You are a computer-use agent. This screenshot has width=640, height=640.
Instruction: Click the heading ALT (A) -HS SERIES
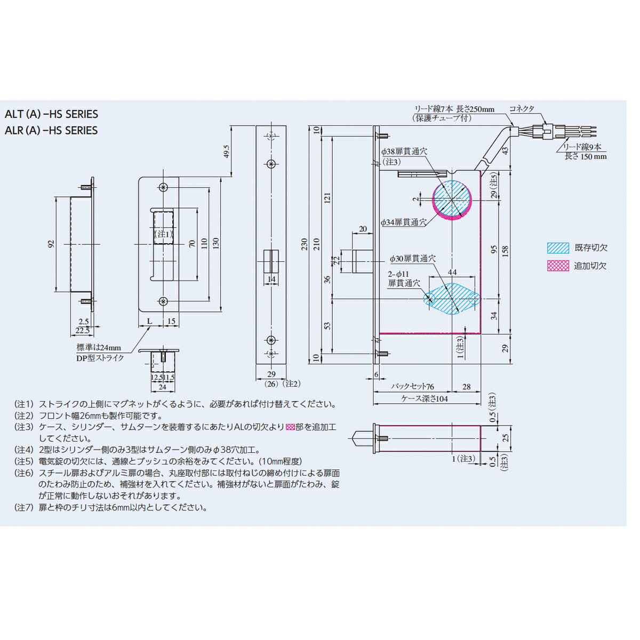51,114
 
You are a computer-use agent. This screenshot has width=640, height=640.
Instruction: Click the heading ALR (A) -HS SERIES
51,131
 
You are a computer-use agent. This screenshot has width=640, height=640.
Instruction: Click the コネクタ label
522,108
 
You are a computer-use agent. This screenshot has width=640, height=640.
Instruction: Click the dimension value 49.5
227,151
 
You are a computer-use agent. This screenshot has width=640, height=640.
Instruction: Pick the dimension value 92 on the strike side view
51,244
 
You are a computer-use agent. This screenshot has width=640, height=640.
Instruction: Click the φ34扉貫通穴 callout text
403,222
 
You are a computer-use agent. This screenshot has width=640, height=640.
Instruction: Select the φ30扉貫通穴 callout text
412,259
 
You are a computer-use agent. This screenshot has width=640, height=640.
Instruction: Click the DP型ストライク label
100,358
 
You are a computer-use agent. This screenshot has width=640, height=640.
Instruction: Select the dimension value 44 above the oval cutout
452,272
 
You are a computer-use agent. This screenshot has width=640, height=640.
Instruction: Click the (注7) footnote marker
23,508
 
